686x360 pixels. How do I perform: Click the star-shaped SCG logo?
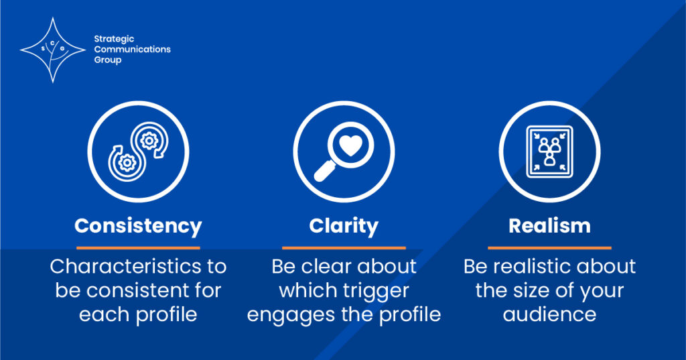click(53, 50)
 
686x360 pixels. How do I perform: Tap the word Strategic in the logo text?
click(114, 39)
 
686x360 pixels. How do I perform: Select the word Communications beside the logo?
click(133, 49)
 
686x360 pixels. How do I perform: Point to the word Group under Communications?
click(108, 60)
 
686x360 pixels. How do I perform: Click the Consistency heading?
click(138, 227)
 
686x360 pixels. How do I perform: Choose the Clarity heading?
click(344, 227)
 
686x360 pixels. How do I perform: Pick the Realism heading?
click(549, 226)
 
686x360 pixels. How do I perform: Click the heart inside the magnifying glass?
click(351, 145)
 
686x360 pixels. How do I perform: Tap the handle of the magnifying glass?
click(324, 171)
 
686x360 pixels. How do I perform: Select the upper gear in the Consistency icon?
click(149, 141)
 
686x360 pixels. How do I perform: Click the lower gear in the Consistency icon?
click(127, 163)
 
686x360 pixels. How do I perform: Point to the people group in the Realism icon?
click(549, 152)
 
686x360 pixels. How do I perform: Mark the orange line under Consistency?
click(138, 248)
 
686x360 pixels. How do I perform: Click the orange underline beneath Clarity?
click(344, 248)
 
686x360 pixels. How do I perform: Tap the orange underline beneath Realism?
click(549, 248)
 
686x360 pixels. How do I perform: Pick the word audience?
click(549, 314)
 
